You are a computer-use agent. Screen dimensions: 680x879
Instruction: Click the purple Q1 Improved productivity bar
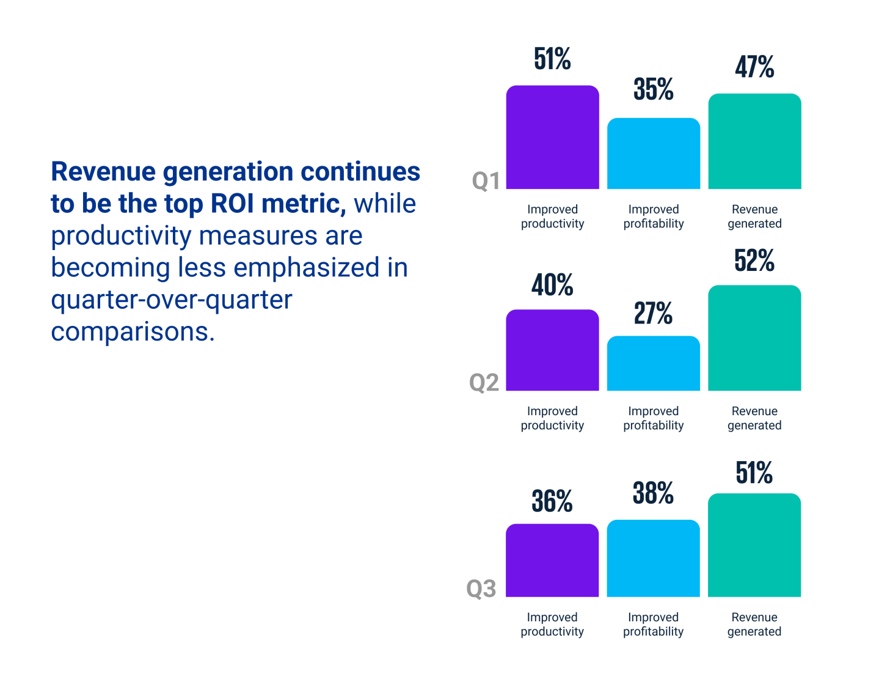pos(552,138)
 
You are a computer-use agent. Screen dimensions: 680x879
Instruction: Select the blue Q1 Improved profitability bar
pos(653,153)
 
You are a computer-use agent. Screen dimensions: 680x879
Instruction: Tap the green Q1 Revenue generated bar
pos(754,141)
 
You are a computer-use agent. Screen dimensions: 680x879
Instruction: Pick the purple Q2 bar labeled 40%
pos(552,350)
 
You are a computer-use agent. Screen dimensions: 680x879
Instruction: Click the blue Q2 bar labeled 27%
pos(653,363)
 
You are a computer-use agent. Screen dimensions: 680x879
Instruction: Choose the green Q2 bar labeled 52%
pos(754,338)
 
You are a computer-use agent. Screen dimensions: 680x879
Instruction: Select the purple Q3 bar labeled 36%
pos(552,560)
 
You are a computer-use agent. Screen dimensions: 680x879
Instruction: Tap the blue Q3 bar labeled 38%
pos(653,558)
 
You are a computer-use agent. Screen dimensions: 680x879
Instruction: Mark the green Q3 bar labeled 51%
pos(754,545)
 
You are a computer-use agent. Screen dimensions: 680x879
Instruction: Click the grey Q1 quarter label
pos(486,181)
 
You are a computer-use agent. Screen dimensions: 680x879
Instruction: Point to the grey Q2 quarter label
pos(484,383)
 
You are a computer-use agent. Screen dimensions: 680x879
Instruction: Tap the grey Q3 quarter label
pos(481,589)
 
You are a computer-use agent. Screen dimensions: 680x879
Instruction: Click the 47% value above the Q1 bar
pos(754,67)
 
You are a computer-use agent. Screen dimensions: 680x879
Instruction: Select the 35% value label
pos(653,89)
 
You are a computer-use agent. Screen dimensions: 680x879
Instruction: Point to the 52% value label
pos(754,261)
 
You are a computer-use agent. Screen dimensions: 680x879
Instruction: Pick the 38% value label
pos(653,493)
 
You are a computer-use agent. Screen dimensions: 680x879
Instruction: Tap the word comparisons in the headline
pos(133,331)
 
